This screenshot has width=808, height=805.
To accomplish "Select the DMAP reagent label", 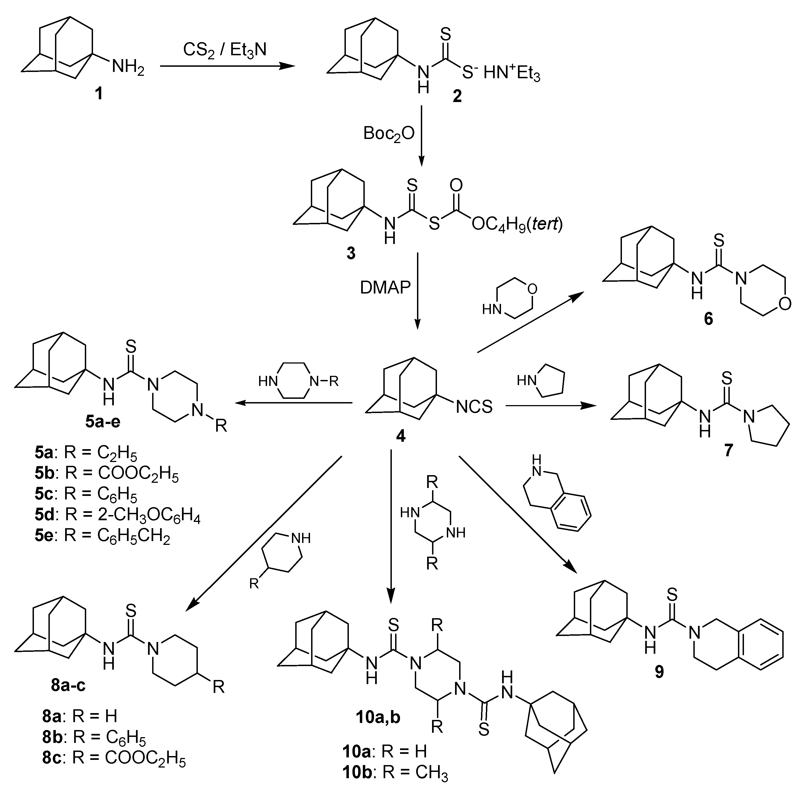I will coord(385,288).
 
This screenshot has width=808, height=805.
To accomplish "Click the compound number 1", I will coord(99,94).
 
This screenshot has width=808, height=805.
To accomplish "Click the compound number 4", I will coord(401,437).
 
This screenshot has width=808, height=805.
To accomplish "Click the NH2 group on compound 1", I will coord(128,67).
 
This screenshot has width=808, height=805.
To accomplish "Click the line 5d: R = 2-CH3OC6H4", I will coord(117,515).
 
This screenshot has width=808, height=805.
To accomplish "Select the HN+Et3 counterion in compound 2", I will coord(511,74).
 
